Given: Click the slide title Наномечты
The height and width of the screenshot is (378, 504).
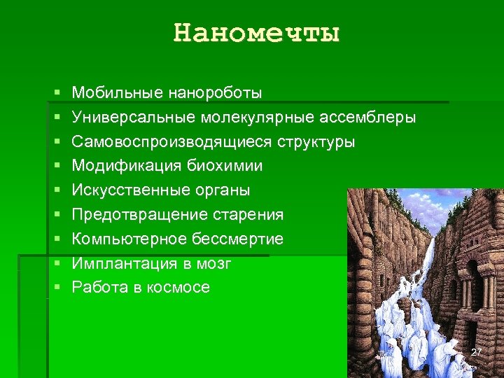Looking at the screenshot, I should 256,33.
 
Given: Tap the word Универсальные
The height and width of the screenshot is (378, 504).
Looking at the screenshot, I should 135,117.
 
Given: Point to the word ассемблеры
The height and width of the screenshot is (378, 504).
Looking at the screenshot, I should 368,117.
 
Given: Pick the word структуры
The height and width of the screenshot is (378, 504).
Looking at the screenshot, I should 316,141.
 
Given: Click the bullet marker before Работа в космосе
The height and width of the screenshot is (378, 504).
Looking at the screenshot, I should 56,287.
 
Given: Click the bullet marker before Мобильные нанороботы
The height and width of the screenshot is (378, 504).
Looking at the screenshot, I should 56,92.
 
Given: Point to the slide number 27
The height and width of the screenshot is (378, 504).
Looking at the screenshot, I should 477,351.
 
